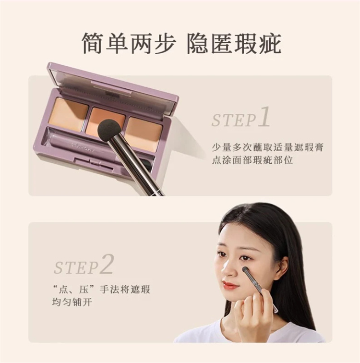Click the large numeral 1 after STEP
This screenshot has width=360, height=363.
[264, 117]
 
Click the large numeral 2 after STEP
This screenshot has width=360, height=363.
[107, 264]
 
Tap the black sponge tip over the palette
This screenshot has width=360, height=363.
[108, 128]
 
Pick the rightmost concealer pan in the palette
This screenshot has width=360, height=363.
[144, 134]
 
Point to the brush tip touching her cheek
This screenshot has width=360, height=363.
[245, 270]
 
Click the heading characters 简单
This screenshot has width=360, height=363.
[105, 44]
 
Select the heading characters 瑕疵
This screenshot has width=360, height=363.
[257, 44]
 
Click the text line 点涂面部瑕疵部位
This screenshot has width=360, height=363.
[252, 160]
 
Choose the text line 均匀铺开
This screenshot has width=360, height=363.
[72, 302]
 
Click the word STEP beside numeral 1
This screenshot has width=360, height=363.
[234, 121]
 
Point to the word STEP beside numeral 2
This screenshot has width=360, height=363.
[76, 268]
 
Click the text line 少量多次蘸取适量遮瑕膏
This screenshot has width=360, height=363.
[268, 147]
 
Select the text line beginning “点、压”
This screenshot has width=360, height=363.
[101, 290]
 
